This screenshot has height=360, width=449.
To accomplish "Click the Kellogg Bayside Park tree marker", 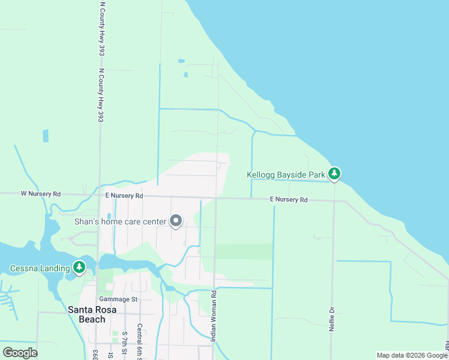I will pyautogui.click(x=334, y=175).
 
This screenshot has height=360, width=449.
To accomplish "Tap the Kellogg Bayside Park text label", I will pyautogui.click(x=286, y=175).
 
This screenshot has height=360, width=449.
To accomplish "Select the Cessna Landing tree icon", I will pyautogui.click(x=79, y=268).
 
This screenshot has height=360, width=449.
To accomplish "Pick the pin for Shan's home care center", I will pyautogui.click(x=176, y=221).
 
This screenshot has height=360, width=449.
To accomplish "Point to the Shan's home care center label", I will pyautogui.click(x=120, y=221).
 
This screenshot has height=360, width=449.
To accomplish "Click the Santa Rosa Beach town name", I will pyautogui.click(x=95, y=314).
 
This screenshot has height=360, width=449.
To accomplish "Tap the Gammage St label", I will pyautogui.click(x=118, y=299).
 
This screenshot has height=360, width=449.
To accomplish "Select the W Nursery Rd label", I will pyautogui.click(x=41, y=194).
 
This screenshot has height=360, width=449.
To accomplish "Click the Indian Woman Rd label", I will pyautogui.click(x=213, y=316).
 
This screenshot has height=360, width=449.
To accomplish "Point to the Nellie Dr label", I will pyautogui.click(x=331, y=318).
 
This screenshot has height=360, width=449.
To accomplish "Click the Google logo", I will pyautogui.click(x=20, y=352).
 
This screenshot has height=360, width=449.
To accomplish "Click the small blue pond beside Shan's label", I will pyautogui.click(x=109, y=216).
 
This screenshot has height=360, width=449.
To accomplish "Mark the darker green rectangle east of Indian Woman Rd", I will pyautogui.click(x=243, y=251).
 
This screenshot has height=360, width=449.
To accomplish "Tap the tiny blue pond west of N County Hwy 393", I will pyautogui.click(x=46, y=136).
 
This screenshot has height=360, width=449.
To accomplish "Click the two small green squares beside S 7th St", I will pyautogui.click(x=115, y=337).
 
